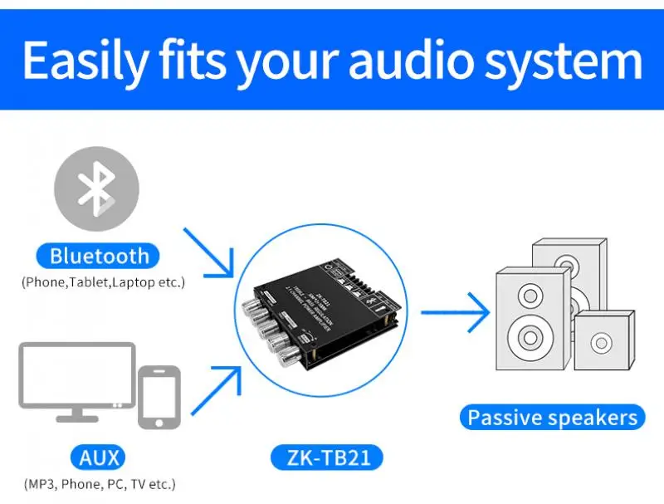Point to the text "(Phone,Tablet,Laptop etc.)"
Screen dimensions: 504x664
pyautogui.click(x=103, y=282)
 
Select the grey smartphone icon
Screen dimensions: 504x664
pyautogui.click(x=159, y=396)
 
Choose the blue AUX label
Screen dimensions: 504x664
pyautogui.click(x=100, y=457)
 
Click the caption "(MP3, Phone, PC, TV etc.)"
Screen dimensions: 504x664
pyautogui.click(x=100, y=483)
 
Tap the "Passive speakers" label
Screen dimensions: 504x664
pyautogui.click(x=552, y=417)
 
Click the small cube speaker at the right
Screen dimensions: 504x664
pyautogui.click(x=602, y=341)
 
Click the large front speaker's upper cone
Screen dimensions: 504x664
pyautogui.click(x=529, y=294)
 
